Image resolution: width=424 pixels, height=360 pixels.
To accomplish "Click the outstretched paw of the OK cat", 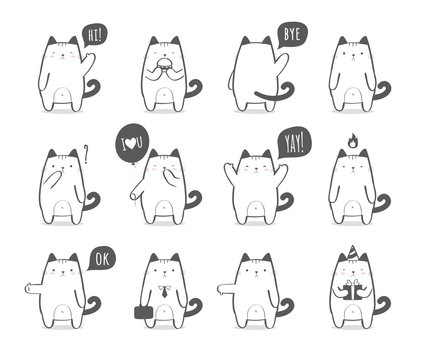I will click(30, 297).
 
